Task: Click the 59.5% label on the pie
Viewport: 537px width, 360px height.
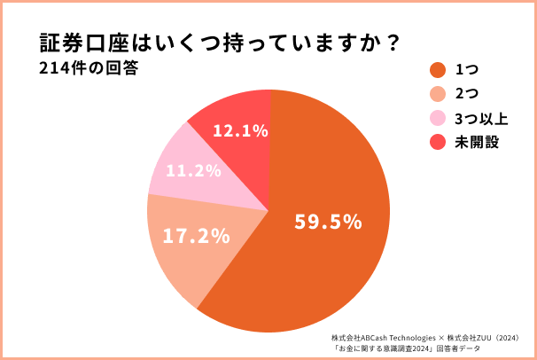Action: click(328, 222)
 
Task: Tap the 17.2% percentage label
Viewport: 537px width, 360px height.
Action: click(197, 237)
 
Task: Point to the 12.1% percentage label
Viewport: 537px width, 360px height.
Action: click(240, 131)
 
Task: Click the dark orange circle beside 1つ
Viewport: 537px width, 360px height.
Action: click(436, 70)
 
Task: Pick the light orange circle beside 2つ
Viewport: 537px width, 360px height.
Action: click(436, 94)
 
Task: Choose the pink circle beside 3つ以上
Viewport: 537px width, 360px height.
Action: click(436, 118)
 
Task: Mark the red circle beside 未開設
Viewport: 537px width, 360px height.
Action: click(436, 142)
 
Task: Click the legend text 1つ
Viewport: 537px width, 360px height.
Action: click(464, 70)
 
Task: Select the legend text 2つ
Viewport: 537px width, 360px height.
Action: click(465, 94)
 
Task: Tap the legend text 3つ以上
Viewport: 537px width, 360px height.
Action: click(477, 118)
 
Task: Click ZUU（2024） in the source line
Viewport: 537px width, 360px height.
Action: click(506, 338)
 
